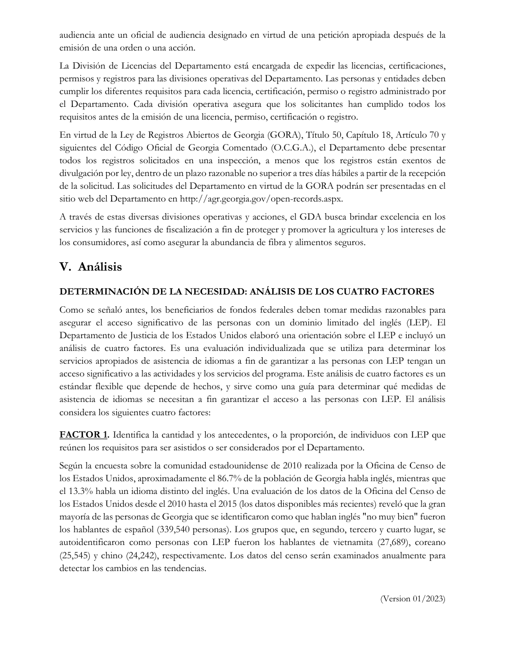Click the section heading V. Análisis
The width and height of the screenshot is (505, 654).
tap(90, 267)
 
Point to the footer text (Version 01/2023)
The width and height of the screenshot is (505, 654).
tap(413, 599)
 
